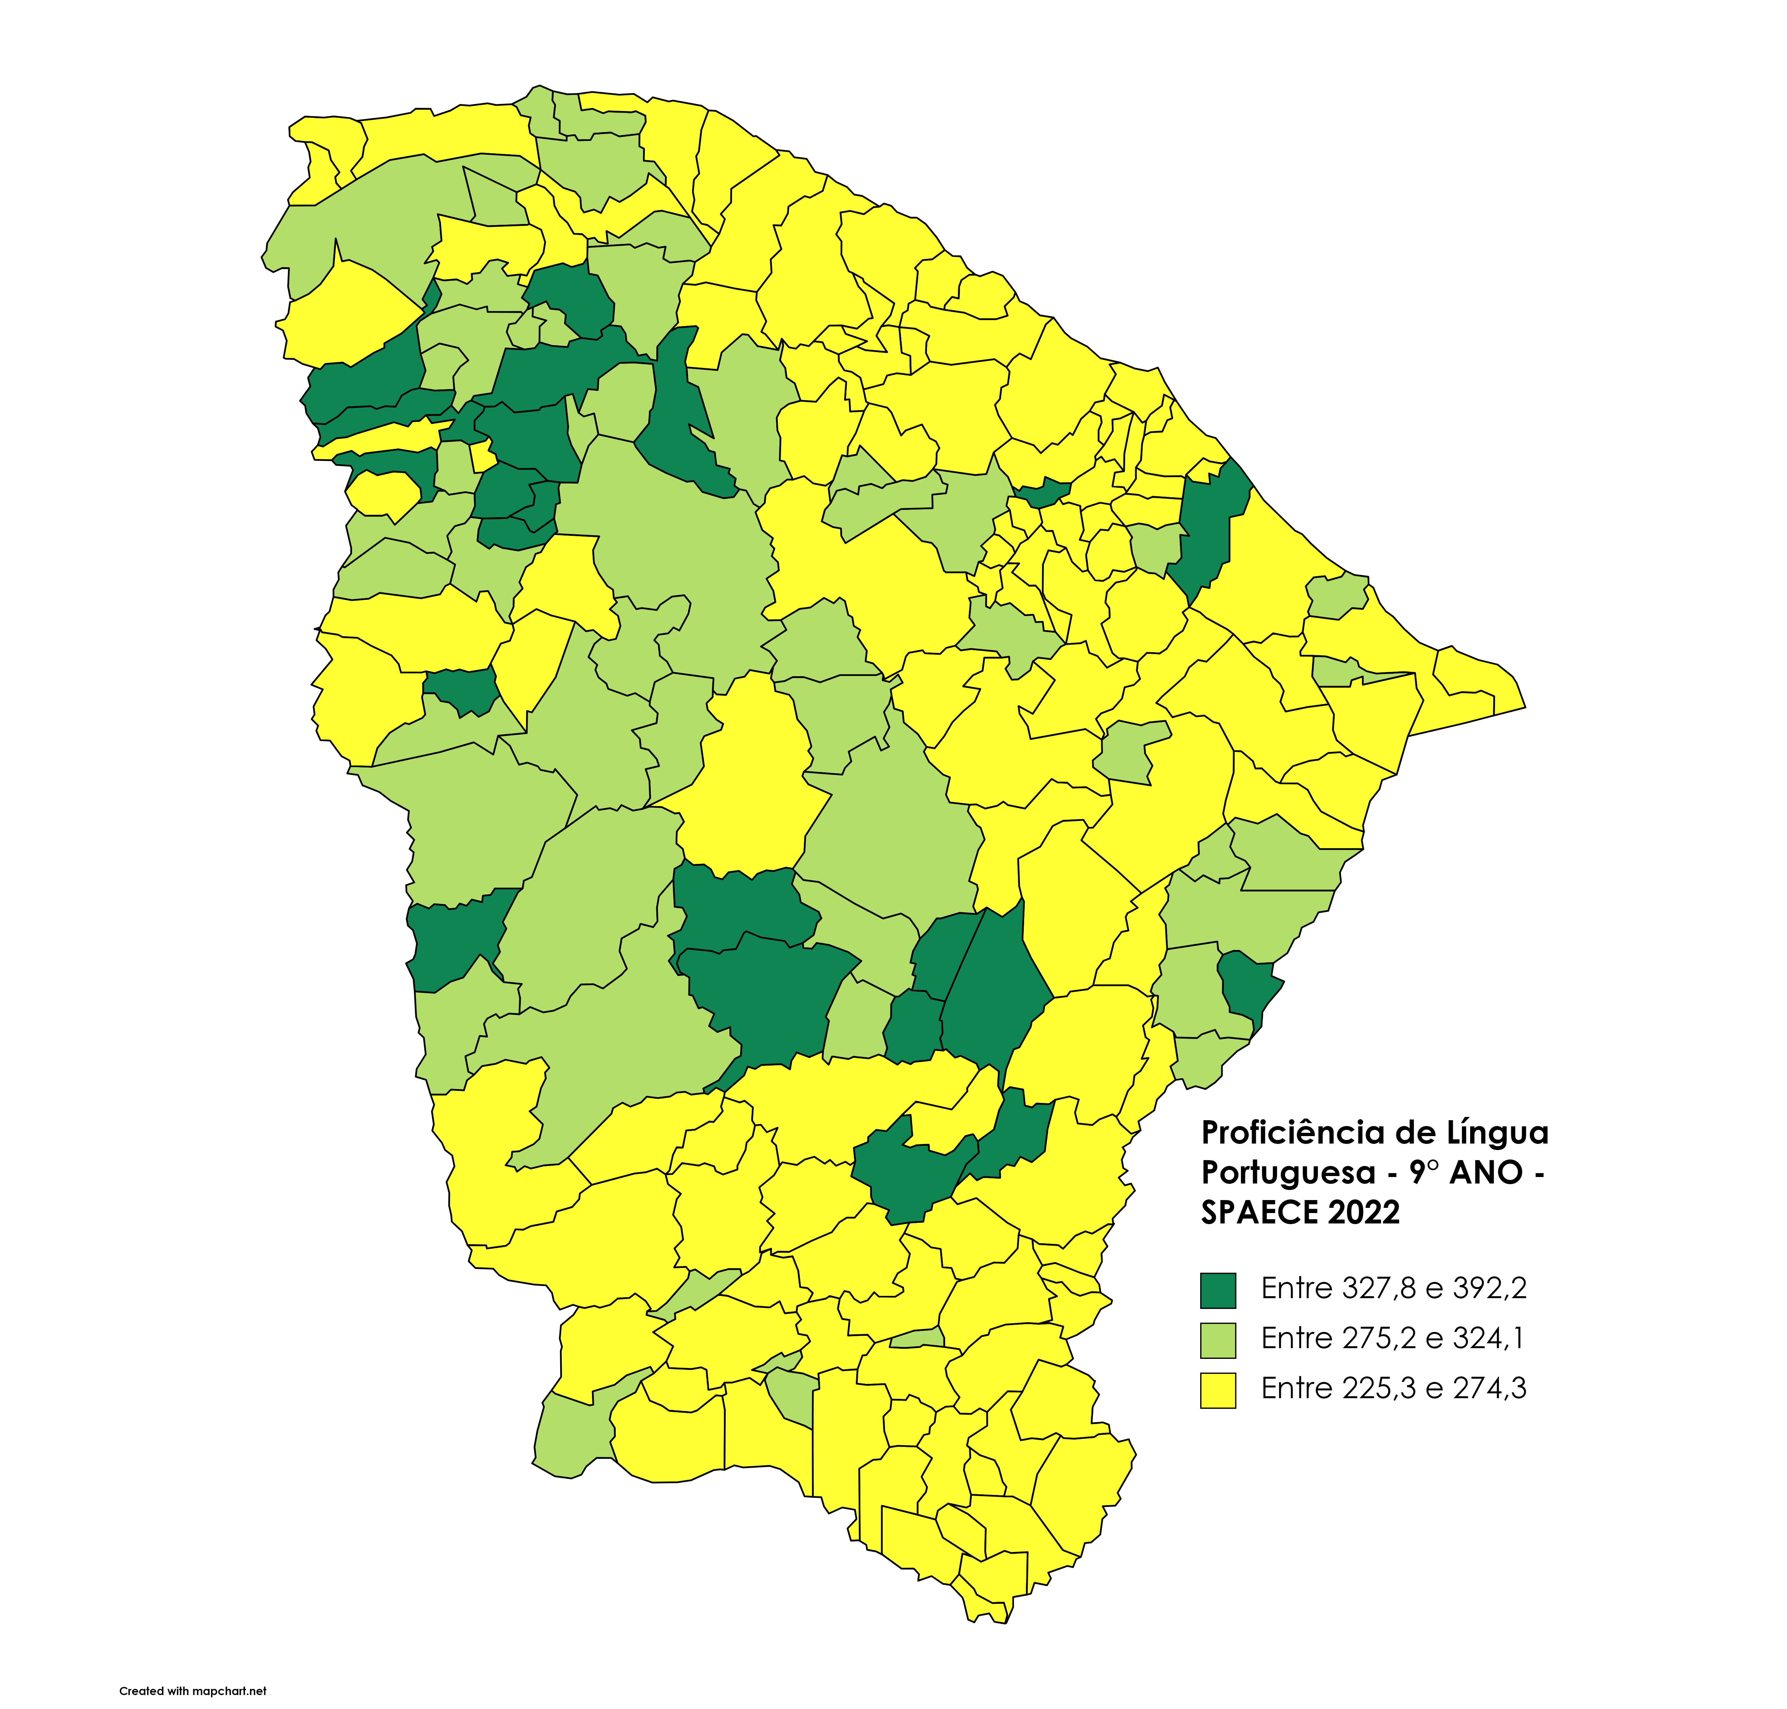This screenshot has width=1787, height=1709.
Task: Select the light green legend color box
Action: (1217, 1340)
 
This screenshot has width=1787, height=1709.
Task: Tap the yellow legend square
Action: (1217, 1390)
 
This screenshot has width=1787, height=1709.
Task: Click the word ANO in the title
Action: (1485, 1172)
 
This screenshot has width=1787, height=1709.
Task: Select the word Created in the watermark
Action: (141, 1692)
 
